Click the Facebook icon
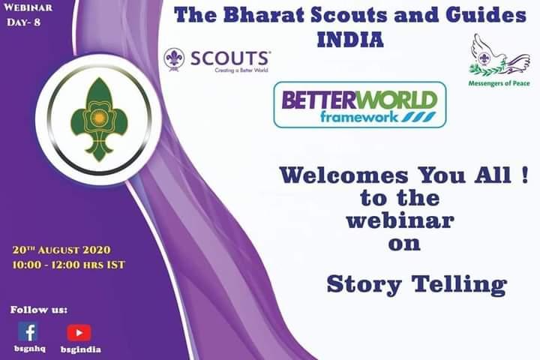(x=28, y=331)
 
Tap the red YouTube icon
(x=79, y=332)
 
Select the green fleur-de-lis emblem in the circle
(x=94, y=120)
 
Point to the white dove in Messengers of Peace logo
(x=494, y=57)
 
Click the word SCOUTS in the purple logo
(x=230, y=57)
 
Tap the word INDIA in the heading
(x=350, y=39)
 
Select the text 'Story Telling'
(x=416, y=285)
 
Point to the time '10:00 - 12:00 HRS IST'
(x=68, y=264)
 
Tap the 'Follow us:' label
(x=39, y=309)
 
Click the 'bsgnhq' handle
(x=28, y=349)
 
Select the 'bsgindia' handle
(x=80, y=349)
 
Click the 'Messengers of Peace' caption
(x=499, y=83)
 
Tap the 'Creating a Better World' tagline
(x=241, y=69)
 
